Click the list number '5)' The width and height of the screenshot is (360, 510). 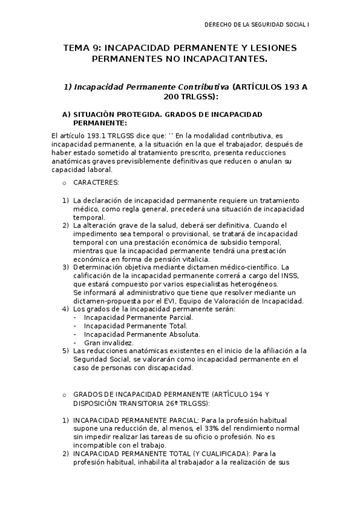coord(66,351)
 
